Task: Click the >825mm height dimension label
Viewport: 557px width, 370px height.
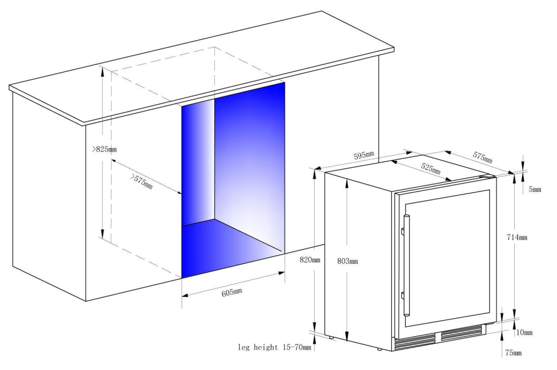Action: click(105, 149)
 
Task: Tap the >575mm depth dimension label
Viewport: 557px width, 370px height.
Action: click(141, 181)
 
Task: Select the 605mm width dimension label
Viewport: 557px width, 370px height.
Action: click(232, 292)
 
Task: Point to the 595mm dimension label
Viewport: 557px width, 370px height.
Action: click(363, 156)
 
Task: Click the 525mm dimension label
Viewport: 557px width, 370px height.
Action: click(430, 168)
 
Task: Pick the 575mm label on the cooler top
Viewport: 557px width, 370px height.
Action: click(482, 157)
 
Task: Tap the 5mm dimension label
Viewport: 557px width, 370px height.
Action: click(535, 189)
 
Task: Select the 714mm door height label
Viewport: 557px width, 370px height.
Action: click(516, 237)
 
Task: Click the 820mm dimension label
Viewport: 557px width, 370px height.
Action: click(310, 260)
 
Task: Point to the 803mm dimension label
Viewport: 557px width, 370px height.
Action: click(348, 262)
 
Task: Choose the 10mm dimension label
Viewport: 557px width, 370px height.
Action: click(524, 332)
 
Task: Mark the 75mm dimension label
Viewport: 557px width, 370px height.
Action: click(513, 353)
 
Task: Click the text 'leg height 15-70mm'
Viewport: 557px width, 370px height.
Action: click(274, 347)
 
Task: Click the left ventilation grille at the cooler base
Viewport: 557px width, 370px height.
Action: click(415, 342)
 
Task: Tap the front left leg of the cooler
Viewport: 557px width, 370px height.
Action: click(331, 337)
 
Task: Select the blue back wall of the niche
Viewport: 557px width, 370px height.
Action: click(249, 167)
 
